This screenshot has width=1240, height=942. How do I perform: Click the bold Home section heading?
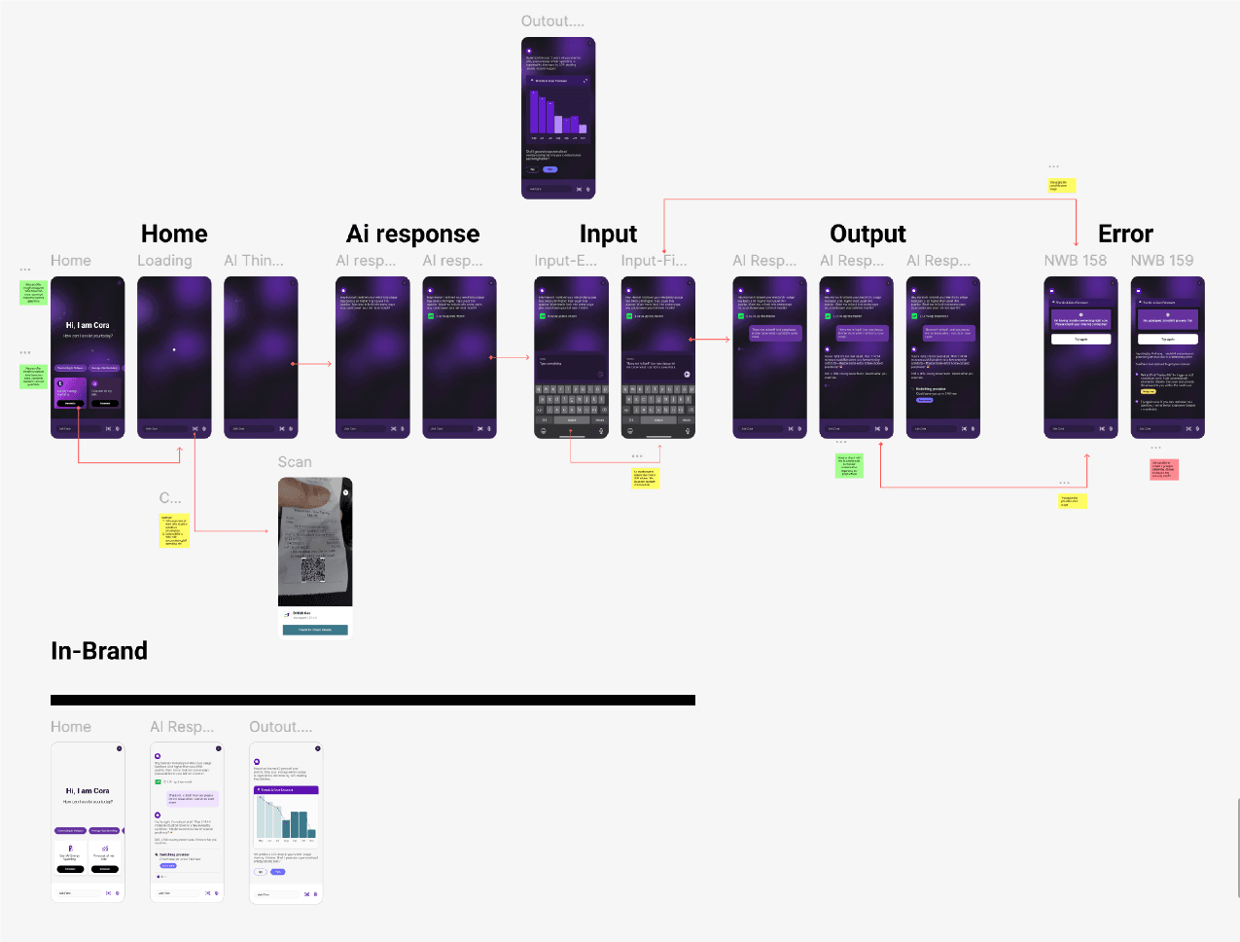pos(174,234)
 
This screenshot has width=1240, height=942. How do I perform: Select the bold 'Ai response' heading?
pos(412,234)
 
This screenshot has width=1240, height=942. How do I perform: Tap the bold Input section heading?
pos(608,234)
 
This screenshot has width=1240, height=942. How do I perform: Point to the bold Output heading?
pos(868,234)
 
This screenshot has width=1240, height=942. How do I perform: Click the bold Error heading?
pos(1125,234)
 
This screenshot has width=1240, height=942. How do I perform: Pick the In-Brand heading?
pos(99,651)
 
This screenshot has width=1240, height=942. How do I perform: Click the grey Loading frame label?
pos(164,261)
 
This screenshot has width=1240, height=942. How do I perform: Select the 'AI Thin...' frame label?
pos(254,261)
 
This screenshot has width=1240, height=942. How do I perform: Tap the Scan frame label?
pos(295,462)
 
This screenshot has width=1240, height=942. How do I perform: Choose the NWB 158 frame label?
pos(1075,261)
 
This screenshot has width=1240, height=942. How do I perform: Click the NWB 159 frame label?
pos(1161,261)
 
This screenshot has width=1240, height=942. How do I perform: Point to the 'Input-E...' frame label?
pos(565,261)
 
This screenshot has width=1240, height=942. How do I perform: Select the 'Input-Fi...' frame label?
pos(654,261)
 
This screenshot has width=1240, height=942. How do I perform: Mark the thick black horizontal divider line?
pos(372,700)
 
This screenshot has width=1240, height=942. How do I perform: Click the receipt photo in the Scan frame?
pos(315,540)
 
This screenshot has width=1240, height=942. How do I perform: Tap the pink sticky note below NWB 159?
pos(1164,469)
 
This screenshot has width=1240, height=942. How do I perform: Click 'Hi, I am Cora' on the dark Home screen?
pos(88,325)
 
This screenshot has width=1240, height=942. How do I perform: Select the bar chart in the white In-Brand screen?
pos(286,817)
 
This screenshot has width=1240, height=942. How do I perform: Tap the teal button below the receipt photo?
pos(315,630)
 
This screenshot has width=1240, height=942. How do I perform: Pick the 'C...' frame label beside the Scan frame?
pos(170,498)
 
